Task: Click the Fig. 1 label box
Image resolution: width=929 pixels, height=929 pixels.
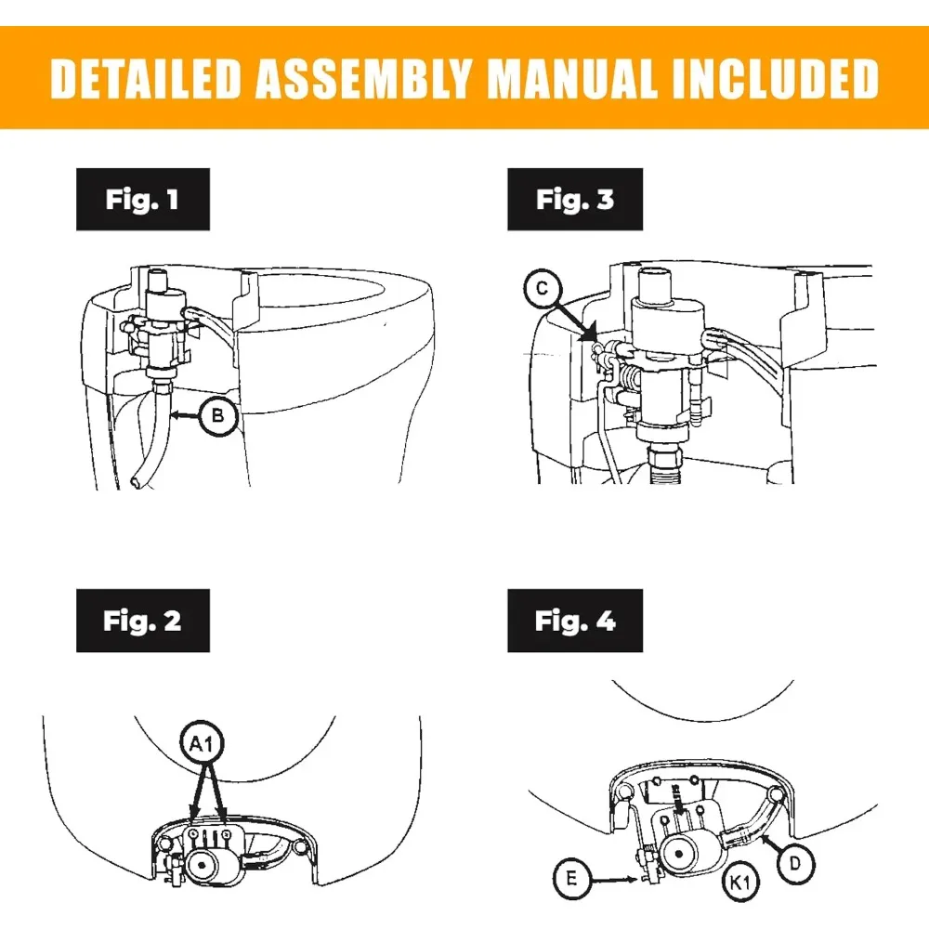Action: [x=143, y=199]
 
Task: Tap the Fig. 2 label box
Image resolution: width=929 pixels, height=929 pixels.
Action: [x=143, y=621]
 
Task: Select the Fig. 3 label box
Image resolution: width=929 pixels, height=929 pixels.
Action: [x=575, y=199]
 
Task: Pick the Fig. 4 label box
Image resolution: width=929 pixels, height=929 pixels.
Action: [x=575, y=621]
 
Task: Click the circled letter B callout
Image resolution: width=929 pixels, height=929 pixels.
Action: [x=218, y=416]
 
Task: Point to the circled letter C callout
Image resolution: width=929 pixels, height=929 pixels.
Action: [x=543, y=289]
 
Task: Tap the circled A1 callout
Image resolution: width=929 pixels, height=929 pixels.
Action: [x=203, y=742]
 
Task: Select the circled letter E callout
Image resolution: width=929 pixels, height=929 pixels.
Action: [x=571, y=878]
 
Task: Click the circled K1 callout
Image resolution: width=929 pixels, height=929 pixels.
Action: [x=740, y=883]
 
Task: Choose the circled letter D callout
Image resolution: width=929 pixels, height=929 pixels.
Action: [x=795, y=864]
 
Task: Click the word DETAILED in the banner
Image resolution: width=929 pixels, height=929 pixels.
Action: [x=145, y=78]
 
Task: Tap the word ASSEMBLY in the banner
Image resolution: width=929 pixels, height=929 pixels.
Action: [x=362, y=78]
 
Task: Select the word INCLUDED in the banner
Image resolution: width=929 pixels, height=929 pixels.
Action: [x=776, y=78]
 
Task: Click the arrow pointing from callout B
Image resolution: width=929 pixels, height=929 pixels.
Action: [x=184, y=416]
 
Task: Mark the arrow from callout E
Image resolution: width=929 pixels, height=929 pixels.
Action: [x=614, y=881]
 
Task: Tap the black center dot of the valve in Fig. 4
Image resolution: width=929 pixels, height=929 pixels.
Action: [x=679, y=854]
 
